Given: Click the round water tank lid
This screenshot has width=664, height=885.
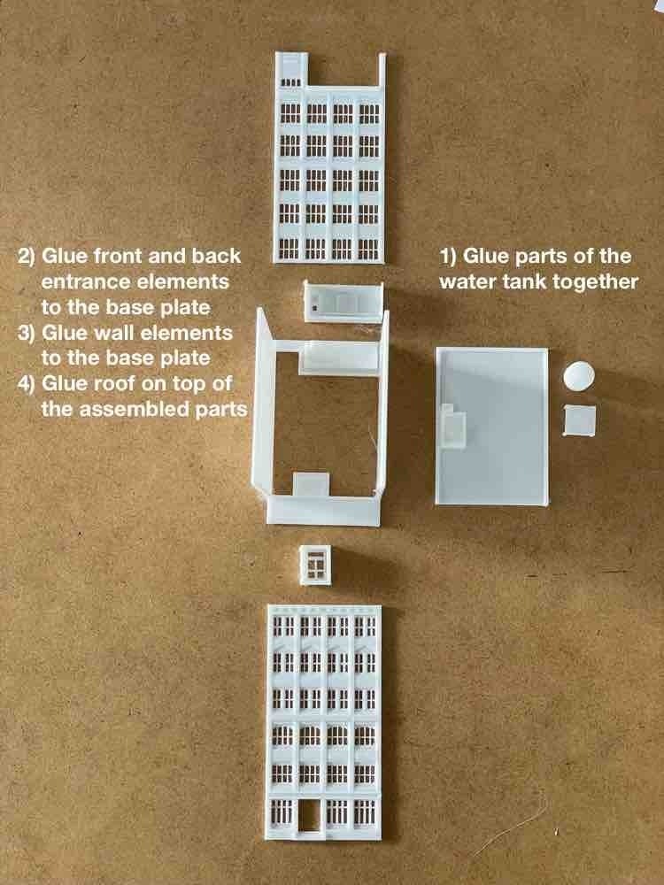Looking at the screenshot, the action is [x=579, y=375].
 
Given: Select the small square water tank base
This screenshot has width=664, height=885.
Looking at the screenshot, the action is [x=580, y=420].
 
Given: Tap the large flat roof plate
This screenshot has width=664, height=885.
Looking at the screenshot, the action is [x=491, y=427].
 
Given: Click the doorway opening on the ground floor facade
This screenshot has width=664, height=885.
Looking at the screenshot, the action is [x=309, y=816].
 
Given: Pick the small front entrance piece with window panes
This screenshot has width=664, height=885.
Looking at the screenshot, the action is [x=315, y=565].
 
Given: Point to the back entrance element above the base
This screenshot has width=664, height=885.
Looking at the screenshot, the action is [x=344, y=302].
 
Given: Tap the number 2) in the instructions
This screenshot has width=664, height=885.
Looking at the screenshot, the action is [x=27, y=257].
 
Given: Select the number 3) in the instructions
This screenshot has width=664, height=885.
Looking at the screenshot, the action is [x=27, y=333].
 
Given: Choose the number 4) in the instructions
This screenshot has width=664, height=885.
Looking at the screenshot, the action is [x=27, y=384].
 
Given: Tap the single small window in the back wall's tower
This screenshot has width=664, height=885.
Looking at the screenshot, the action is [x=290, y=82].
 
